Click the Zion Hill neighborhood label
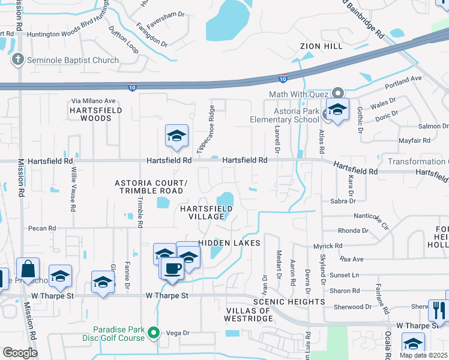tap(322, 46)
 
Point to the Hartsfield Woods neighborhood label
tap(96, 115)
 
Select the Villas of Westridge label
tap(249, 315)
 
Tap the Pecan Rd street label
tap(42, 228)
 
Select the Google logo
tap(20, 352)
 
